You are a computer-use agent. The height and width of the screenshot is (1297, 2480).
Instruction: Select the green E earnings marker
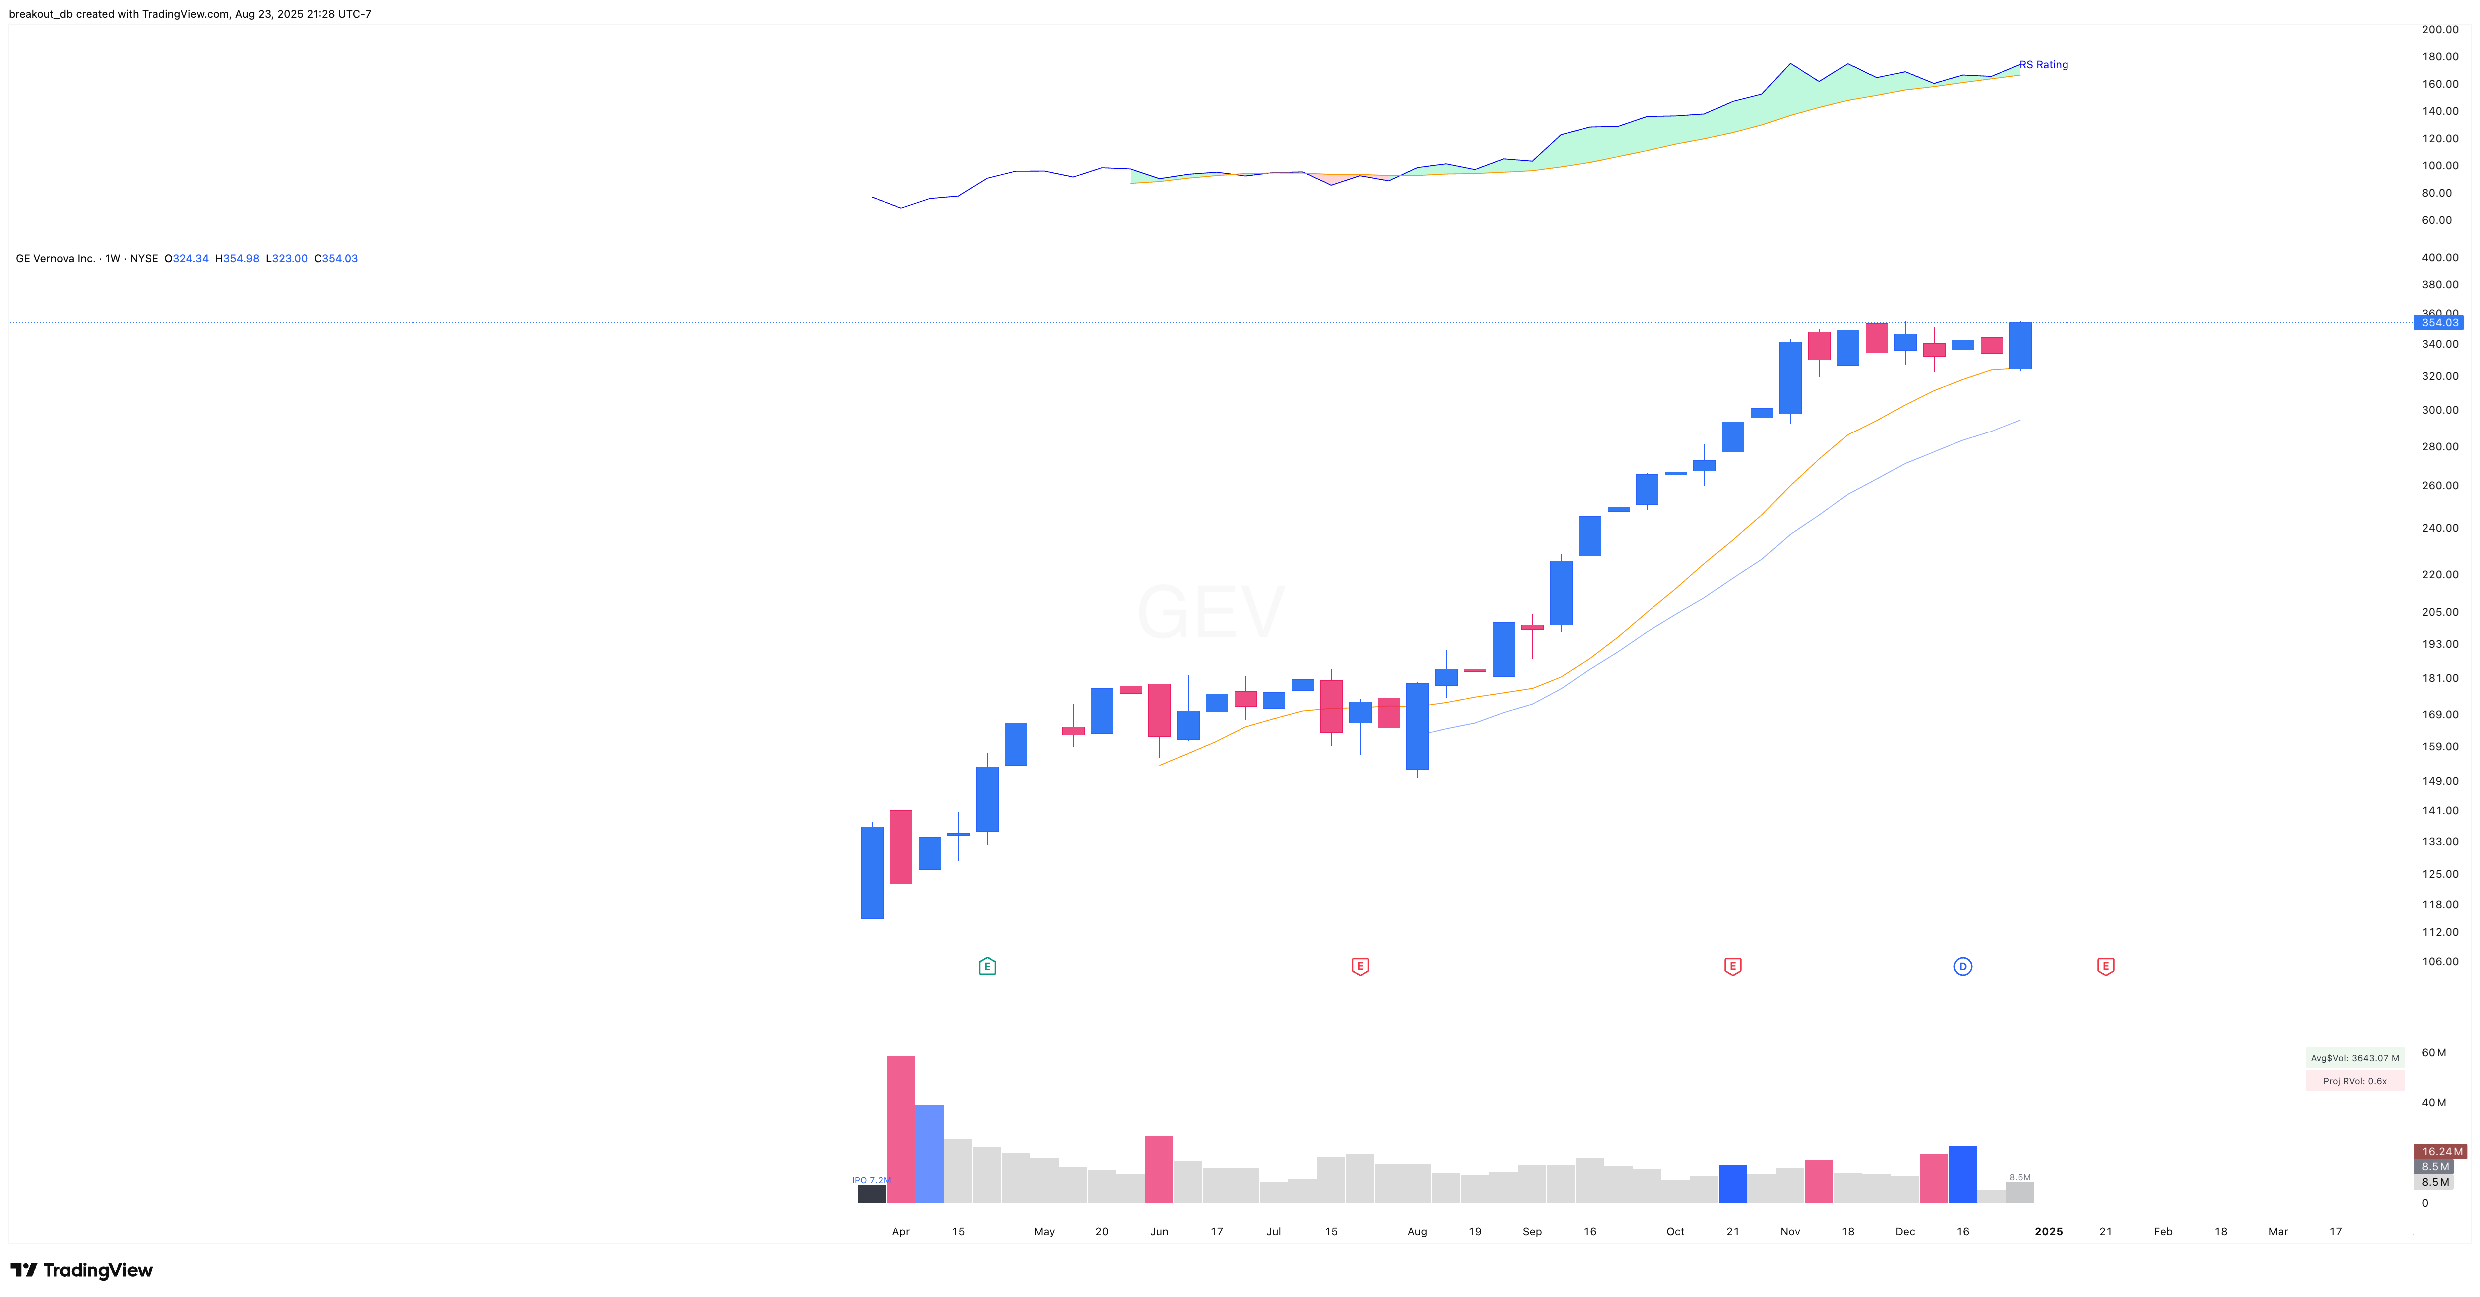click(x=987, y=966)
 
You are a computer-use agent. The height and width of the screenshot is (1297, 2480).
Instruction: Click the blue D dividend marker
click(x=1962, y=966)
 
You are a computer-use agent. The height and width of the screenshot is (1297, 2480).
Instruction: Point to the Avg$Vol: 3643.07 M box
click(x=2354, y=1057)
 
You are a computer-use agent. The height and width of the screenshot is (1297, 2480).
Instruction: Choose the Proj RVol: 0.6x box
click(x=2354, y=1080)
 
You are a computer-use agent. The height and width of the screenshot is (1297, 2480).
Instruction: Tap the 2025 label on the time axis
click(x=2048, y=1231)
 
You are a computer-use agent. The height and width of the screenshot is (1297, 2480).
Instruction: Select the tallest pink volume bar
click(x=900, y=1129)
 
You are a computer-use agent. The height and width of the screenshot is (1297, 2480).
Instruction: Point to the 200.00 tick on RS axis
click(x=2439, y=30)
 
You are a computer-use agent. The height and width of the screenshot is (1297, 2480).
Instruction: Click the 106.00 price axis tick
click(x=2439, y=961)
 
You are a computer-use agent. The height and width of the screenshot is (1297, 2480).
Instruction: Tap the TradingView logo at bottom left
click(x=82, y=1269)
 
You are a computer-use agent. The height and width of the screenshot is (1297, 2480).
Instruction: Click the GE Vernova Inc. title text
click(x=56, y=258)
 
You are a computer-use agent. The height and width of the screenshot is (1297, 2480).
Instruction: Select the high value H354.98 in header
click(x=237, y=258)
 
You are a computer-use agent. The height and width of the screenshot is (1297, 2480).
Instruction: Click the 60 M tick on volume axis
click(x=2433, y=1052)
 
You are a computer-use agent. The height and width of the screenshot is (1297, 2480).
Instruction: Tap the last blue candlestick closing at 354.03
click(x=2020, y=345)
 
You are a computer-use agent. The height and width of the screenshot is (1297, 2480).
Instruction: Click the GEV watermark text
click(x=1210, y=611)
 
